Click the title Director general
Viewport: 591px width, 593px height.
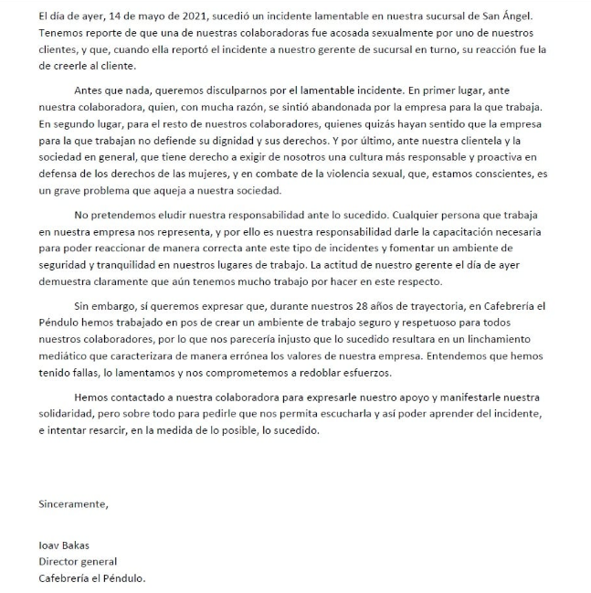coord(78,561)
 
